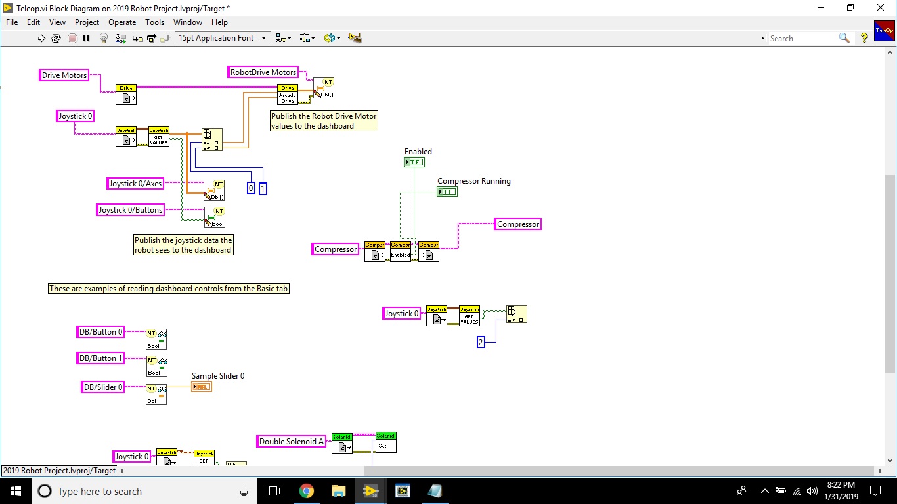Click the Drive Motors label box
click(x=64, y=75)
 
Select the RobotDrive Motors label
click(x=263, y=72)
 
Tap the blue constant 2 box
click(x=481, y=342)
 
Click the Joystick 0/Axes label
click(x=135, y=184)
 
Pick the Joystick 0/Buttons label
click(x=130, y=210)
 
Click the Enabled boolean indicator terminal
click(x=414, y=162)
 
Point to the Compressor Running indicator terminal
click(x=447, y=192)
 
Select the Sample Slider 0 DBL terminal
click(x=202, y=387)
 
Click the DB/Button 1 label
click(x=100, y=358)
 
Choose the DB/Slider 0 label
click(x=102, y=387)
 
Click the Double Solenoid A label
click(x=292, y=442)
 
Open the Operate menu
click(x=122, y=22)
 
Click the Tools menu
click(x=154, y=22)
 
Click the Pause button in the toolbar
click(x=86, y=38)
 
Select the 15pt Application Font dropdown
click(x=223, y=38)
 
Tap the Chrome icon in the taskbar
click(x=307, y=491)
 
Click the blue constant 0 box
click(x=250, y=188)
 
